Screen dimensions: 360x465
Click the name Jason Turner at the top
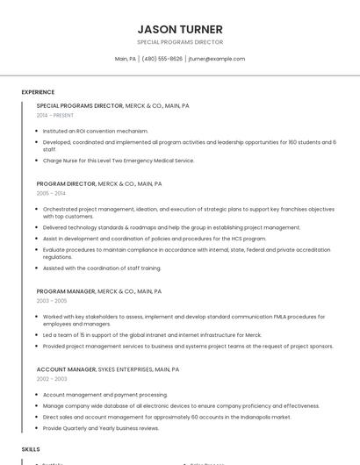(x=180, y=29)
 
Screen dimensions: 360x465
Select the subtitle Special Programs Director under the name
(x=180, y=42)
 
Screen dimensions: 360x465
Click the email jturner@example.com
(x=216, y=59)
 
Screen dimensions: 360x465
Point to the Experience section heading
(x=38, y=92)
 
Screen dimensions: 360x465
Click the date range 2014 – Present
(x=55, y=115)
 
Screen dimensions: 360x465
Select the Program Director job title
(x=65, y=184)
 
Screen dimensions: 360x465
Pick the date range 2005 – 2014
(x=51, y=193)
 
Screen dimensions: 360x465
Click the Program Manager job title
(x=65, y=291)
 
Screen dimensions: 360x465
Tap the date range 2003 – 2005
(x=51, y=301)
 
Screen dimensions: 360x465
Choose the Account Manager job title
(x=66, y=370)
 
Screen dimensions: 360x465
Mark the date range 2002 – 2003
(x=51, y=379)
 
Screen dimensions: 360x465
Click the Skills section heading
(x=31, y=449)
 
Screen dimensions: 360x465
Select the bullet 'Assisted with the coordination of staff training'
(x=102, y=268)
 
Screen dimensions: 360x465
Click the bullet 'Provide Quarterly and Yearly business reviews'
(x=101, y=428)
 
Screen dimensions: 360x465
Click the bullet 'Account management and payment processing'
(x=105, y=395)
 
